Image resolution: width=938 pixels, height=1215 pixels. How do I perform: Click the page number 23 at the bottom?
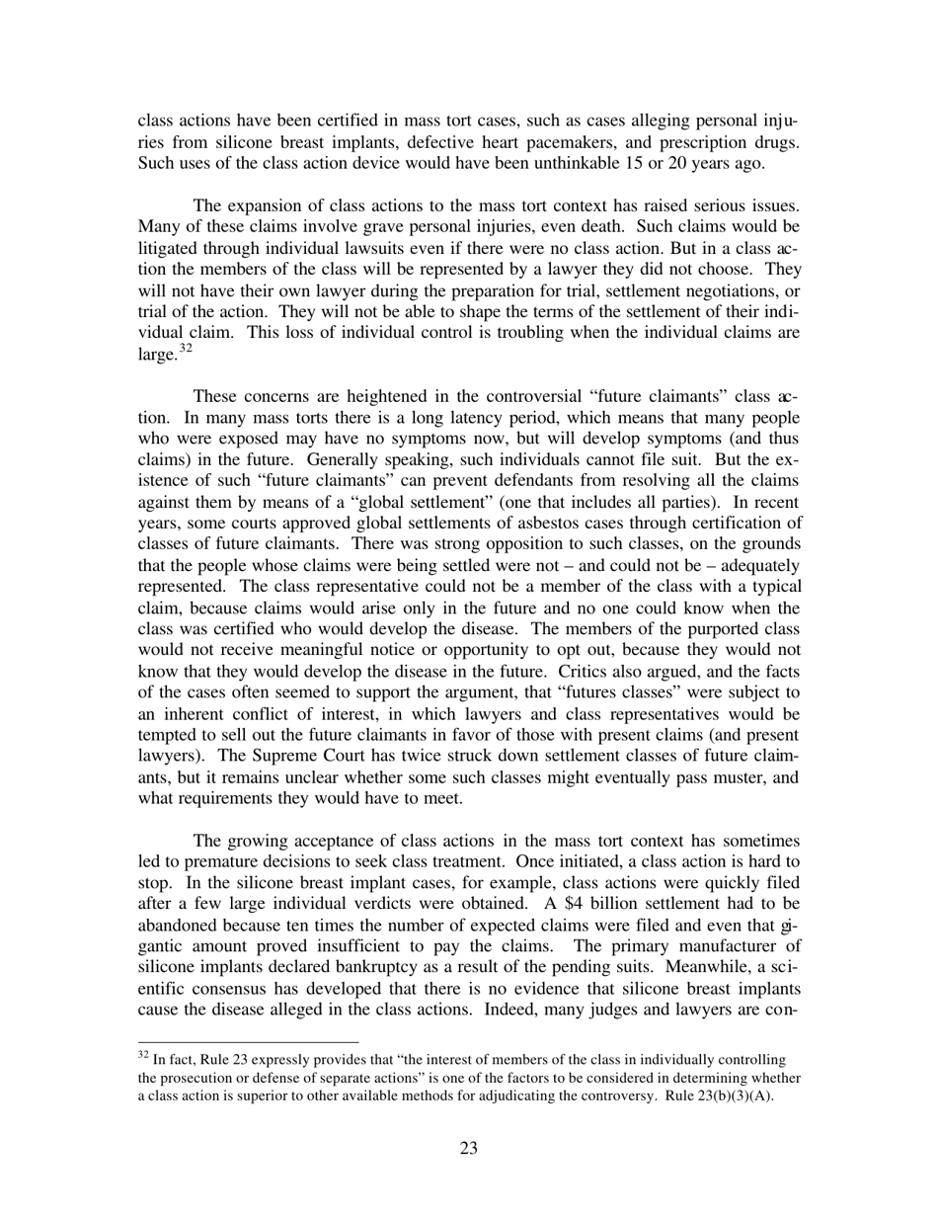pyautogui.click(x=468, y=1148)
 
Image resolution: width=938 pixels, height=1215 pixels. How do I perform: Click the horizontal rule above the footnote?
pyautogui.click(x=248, y=1041)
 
